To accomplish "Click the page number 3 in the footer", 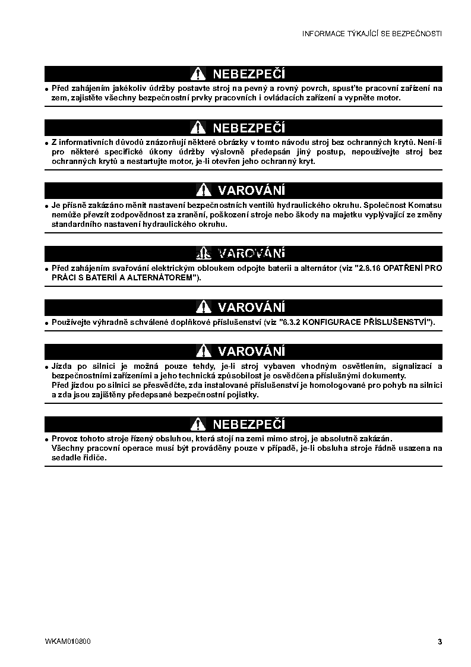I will pos(440,641).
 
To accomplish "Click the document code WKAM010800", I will pos(68,641).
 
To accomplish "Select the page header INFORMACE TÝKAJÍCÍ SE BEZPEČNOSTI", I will pos(372,34).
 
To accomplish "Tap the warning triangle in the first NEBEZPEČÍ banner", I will pos(198,74).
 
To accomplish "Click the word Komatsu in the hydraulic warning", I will pos(422,206).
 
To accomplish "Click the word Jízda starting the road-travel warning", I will pos(62,366).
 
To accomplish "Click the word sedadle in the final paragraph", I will pos(65,458).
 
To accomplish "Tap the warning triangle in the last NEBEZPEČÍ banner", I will pos(198,425).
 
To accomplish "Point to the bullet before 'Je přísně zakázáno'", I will pos(47,206).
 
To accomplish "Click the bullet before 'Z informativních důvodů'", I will pos(47,143).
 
